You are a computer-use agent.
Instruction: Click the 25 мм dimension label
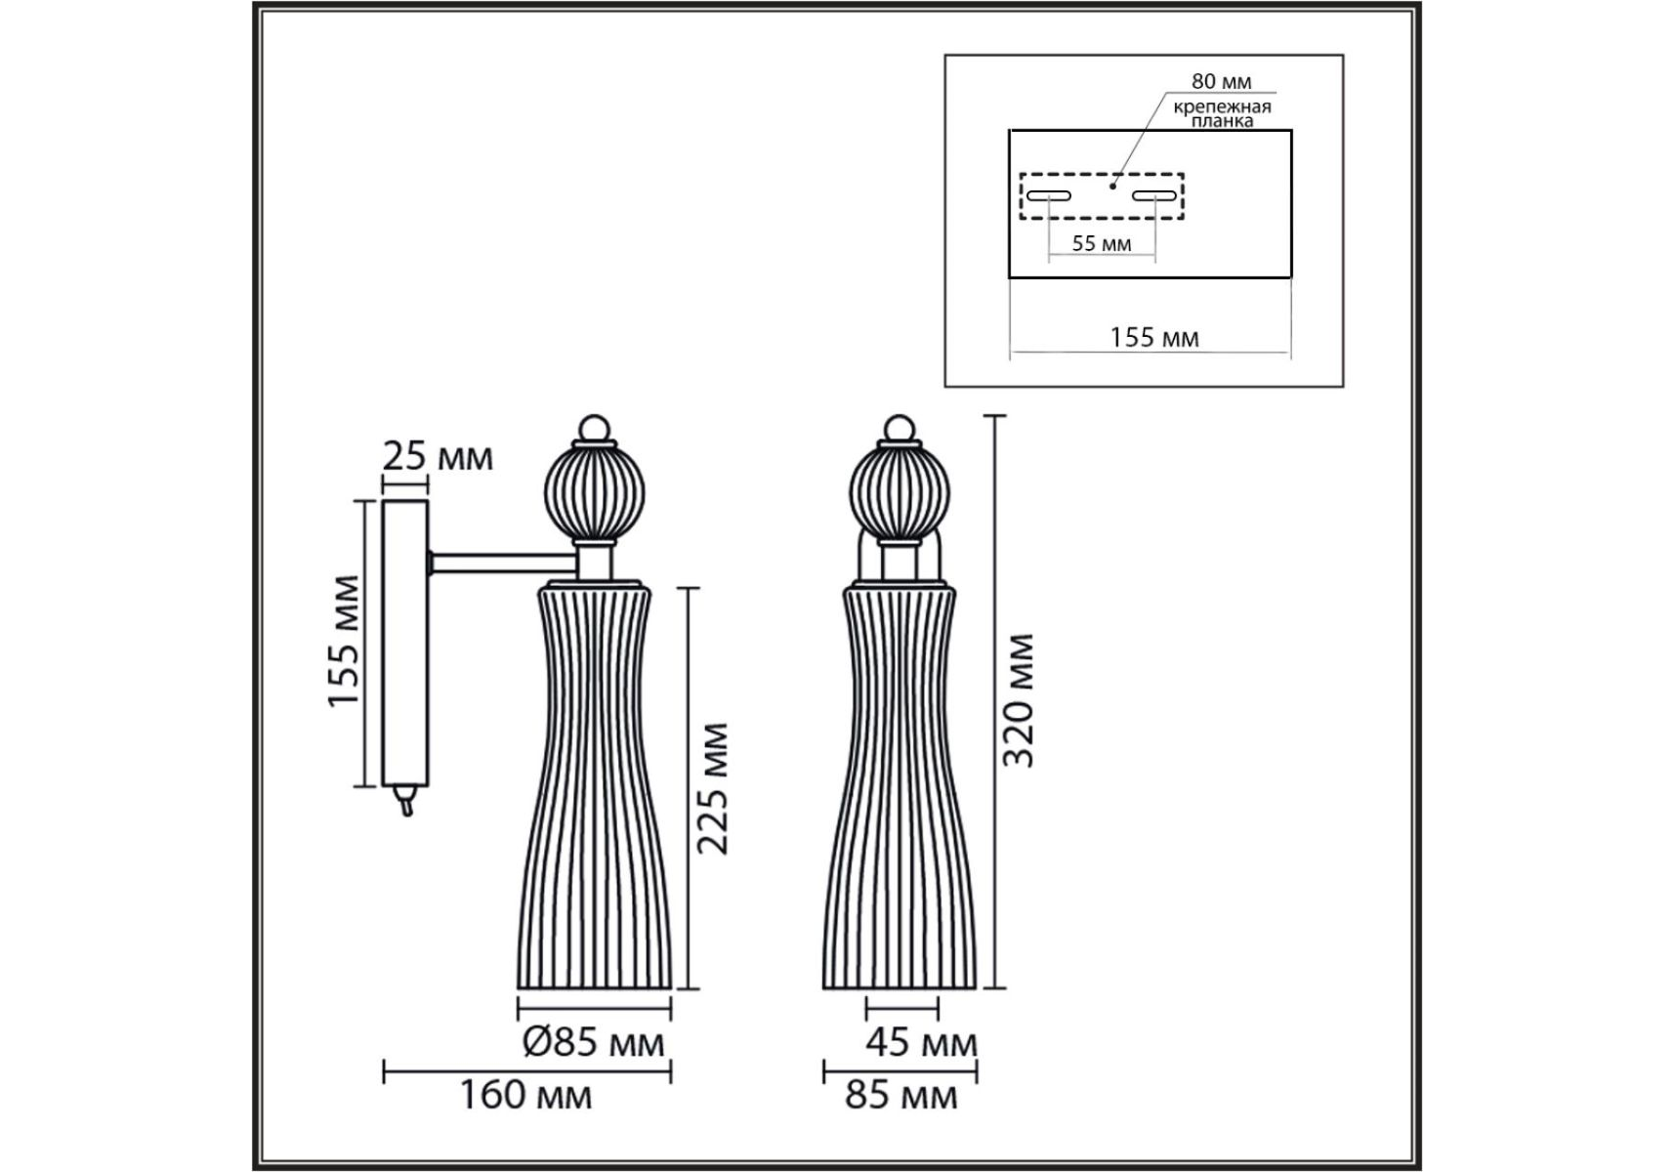pos(438,456)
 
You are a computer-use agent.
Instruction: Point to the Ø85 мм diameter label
pos(594,1041)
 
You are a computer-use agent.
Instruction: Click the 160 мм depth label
pos(525,1094)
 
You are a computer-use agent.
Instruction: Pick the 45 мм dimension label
pos(921,1042)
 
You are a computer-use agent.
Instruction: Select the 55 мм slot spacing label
pos(1102,243)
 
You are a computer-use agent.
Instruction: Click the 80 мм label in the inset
pos(1221,82)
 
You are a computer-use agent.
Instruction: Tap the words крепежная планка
pos(1222,113)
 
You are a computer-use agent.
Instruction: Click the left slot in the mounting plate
pos(1048,195)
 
